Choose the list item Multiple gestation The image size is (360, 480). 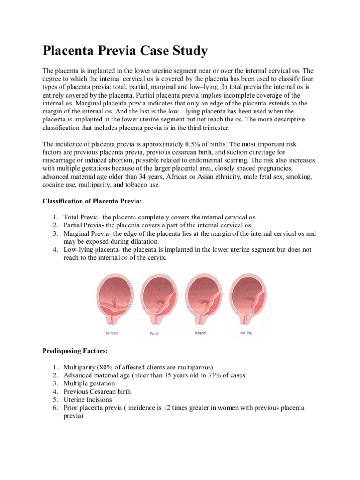point(89,383)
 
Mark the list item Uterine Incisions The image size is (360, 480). point(88,399)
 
